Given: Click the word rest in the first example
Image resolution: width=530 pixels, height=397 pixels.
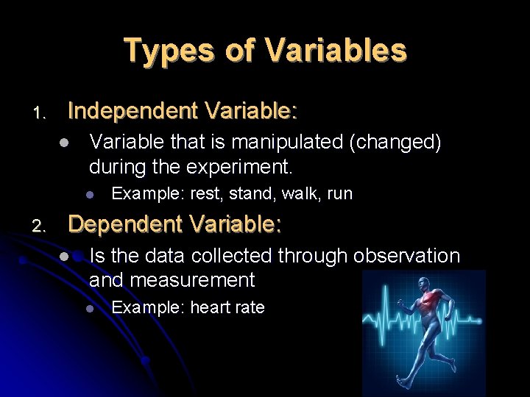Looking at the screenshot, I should coord(205,194).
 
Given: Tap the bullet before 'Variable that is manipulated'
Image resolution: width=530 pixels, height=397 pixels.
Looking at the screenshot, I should coord(65,143).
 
